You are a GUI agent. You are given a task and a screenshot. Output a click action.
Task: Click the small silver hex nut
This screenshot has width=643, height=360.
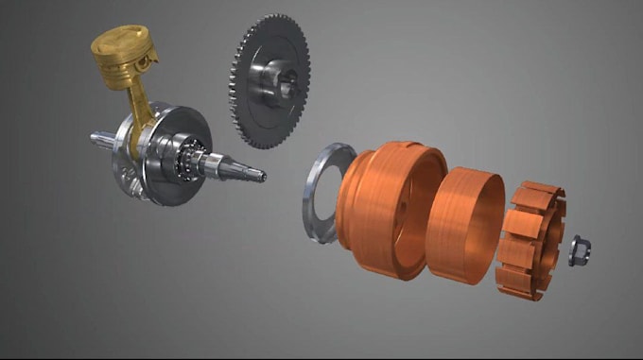coord(579,250)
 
